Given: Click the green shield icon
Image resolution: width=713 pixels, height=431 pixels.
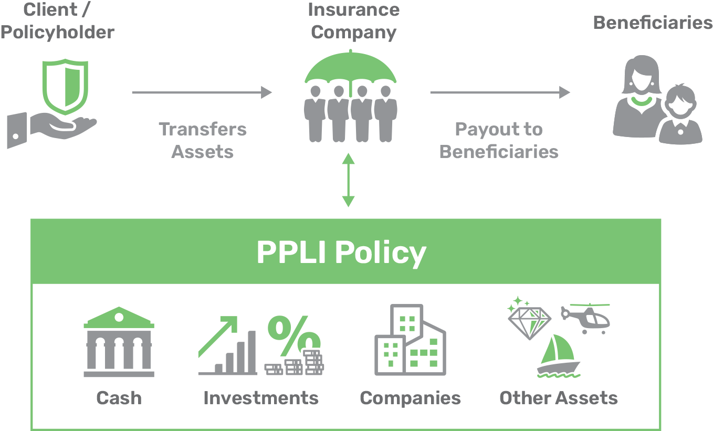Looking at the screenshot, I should pyautogui.click(x=65, y=86).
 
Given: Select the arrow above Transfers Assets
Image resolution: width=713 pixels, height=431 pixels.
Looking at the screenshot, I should pyautogui.click(x=202, y=93).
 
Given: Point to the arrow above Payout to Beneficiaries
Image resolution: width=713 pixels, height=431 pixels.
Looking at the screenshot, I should pyautogui.click(x=499, y=93).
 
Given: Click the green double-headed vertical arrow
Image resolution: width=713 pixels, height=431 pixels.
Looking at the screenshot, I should pyautogui.click(x=348, y=180).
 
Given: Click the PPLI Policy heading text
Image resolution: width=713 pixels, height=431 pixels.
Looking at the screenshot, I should pyautogui.click(x=341, y=253).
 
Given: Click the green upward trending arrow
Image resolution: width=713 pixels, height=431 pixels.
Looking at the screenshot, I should pyautogui.click(x=218, y=336).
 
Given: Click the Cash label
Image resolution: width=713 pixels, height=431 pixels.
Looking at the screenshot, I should pyautogui.click(x=119, y=398).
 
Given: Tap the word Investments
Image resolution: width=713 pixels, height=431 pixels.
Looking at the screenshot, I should pyautogui.click(x=261, y=398).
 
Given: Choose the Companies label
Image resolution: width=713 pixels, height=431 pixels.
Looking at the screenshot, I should pyautogui.click(x=410, y=398).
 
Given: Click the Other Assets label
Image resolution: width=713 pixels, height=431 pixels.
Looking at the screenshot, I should pyautogui.click(x=558, y=398).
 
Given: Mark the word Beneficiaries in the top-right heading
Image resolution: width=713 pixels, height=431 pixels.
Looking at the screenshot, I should pyautogui.click(x=653, y=23).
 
